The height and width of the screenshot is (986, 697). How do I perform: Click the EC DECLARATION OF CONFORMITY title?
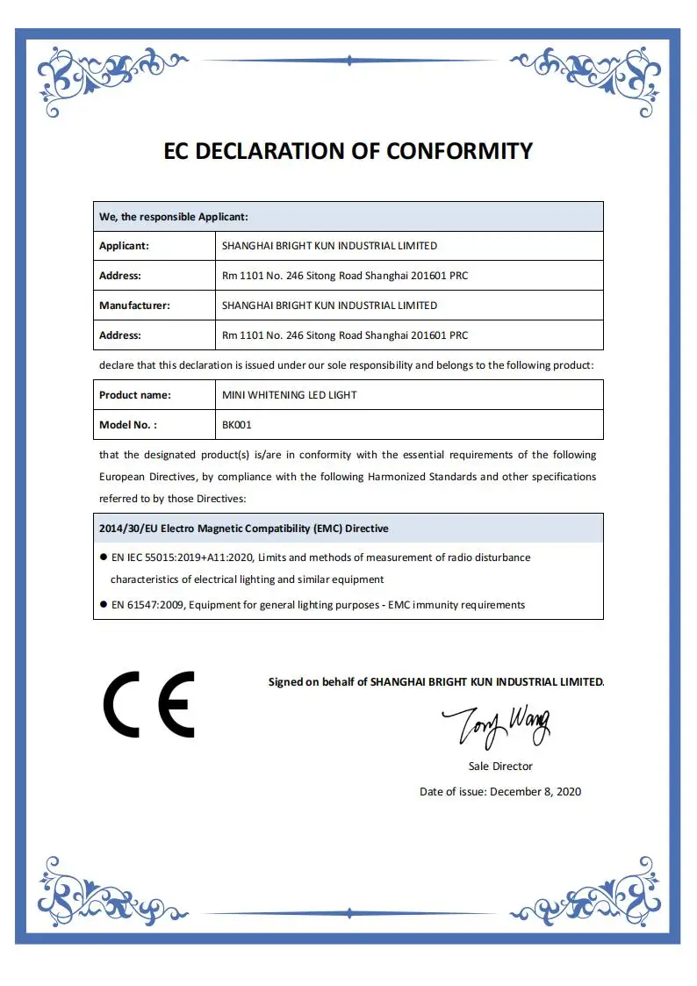tap(348, 151)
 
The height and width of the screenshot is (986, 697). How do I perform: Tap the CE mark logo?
tap(149, 704)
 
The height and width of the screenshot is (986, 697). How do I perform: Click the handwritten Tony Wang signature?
tap(495, 725)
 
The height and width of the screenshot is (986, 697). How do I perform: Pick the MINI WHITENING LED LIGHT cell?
tap(289, 395)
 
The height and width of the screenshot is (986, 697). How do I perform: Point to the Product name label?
tap(135, 395)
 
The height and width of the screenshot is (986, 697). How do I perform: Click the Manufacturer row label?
tap(134, 306)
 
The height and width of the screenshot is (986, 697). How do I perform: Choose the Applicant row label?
tap(124, 246)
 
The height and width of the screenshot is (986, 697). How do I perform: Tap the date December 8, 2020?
tap(535, 792)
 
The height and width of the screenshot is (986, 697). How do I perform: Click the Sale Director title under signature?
tap(500, 766)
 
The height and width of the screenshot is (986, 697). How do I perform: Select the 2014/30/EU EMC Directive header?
tap(244, 529)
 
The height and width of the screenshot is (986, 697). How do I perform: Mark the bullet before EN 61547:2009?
tap(103, 605)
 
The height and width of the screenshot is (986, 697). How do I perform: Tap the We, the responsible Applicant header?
tap(174, 216)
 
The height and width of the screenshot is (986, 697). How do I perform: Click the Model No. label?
tap(128, 425)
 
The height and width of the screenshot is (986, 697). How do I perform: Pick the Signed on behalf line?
tap(435, 682)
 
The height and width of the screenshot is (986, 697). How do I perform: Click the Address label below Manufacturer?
tap(120, 335)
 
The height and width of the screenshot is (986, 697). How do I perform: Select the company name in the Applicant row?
tap(329, 246)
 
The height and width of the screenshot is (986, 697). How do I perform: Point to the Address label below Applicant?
tap(120, 276)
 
